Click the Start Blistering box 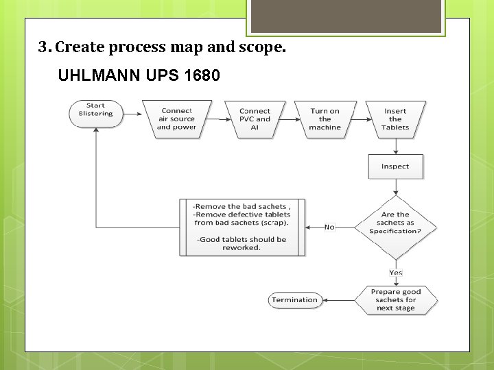95,114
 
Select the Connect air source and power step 176,119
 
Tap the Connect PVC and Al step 255,119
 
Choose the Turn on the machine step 325,119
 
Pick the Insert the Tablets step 395,119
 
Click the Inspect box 395,166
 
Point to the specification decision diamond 395,223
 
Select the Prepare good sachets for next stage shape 395,300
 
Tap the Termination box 294,300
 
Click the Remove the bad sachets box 242,227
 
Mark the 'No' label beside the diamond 329,227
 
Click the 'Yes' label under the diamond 396,273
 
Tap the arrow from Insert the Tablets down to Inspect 395,147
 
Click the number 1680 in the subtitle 202,75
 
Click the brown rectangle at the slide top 346,16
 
